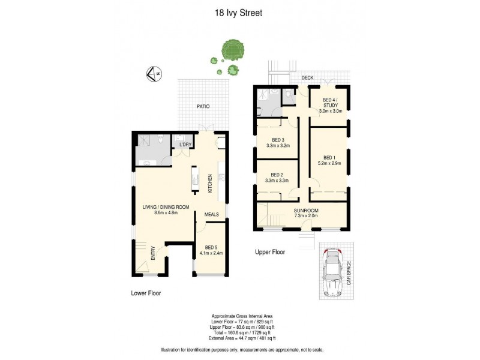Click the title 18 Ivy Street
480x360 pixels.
click(x=239, y=11)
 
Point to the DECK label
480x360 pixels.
click(x=308, y=77)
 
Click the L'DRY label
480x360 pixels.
click(x=184, y=145)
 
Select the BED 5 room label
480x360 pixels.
click(x=211, y=247)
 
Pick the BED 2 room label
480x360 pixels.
click(x=277, y=175)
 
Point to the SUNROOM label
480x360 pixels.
click(x=306, y=211)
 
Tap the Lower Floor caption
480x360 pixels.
click(x=146, y=293)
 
